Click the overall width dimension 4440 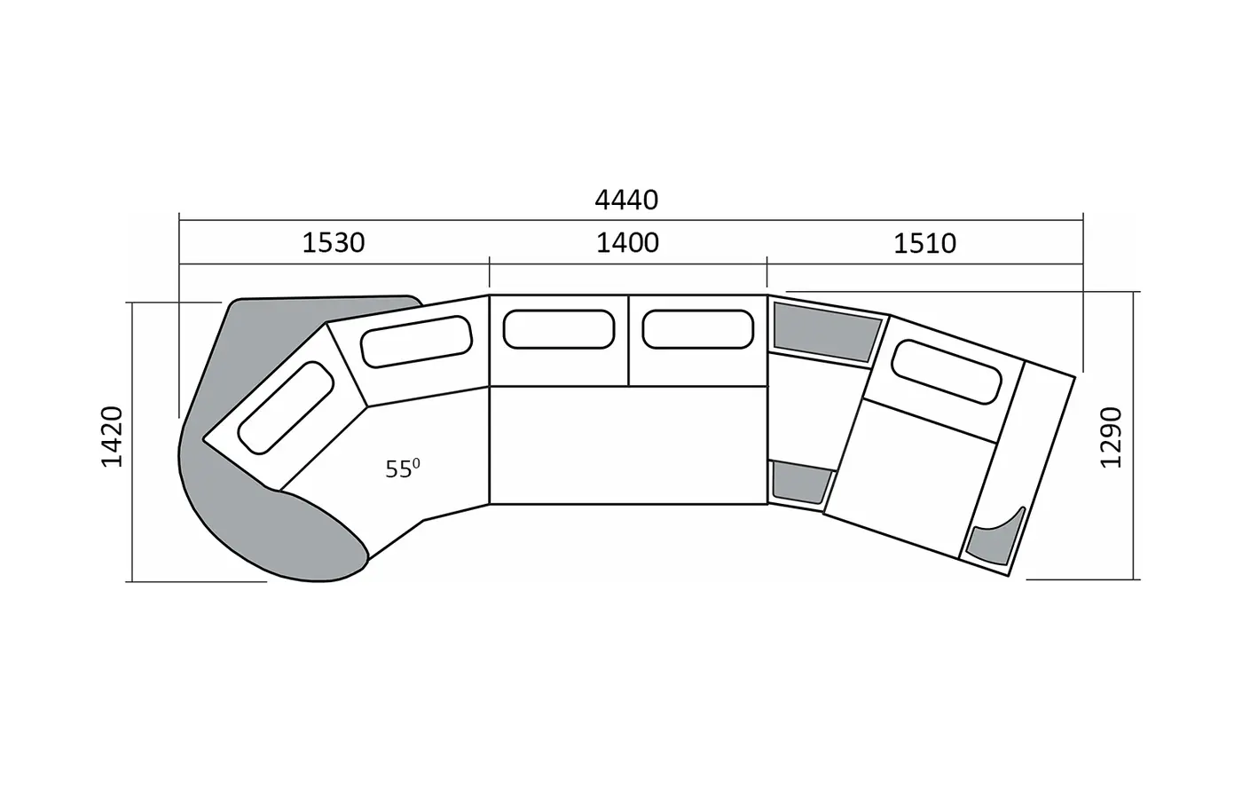tap(626, 201)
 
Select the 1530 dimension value tap(334, 243)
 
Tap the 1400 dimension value tap(627, 243)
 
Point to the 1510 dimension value tap(924, 243)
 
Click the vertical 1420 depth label tap(112, 437)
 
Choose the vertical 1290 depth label tap(1111, 437)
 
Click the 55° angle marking tap(403, 469)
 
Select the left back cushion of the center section tap(559, 329)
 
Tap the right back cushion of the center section tap(698, 329)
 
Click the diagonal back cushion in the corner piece tap(286, 408)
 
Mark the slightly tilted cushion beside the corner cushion tap(416, 342)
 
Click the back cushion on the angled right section tap(947, 372)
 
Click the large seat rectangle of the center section tap(628, 445)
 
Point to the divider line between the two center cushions tap(628, 341)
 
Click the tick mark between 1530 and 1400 tap(490, 272)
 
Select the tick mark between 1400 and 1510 tap(767, 272)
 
